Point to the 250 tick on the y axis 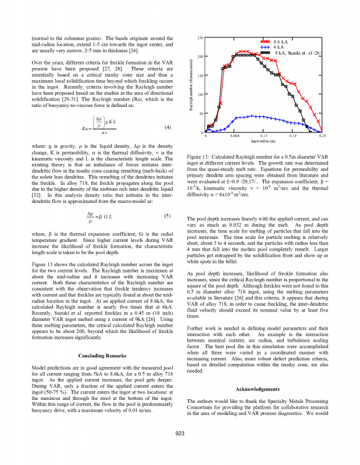[199, 38]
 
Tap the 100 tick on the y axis [199, 95]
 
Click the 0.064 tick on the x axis [234, 135]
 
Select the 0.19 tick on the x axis [293, 135]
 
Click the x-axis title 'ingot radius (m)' [263, 141]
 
